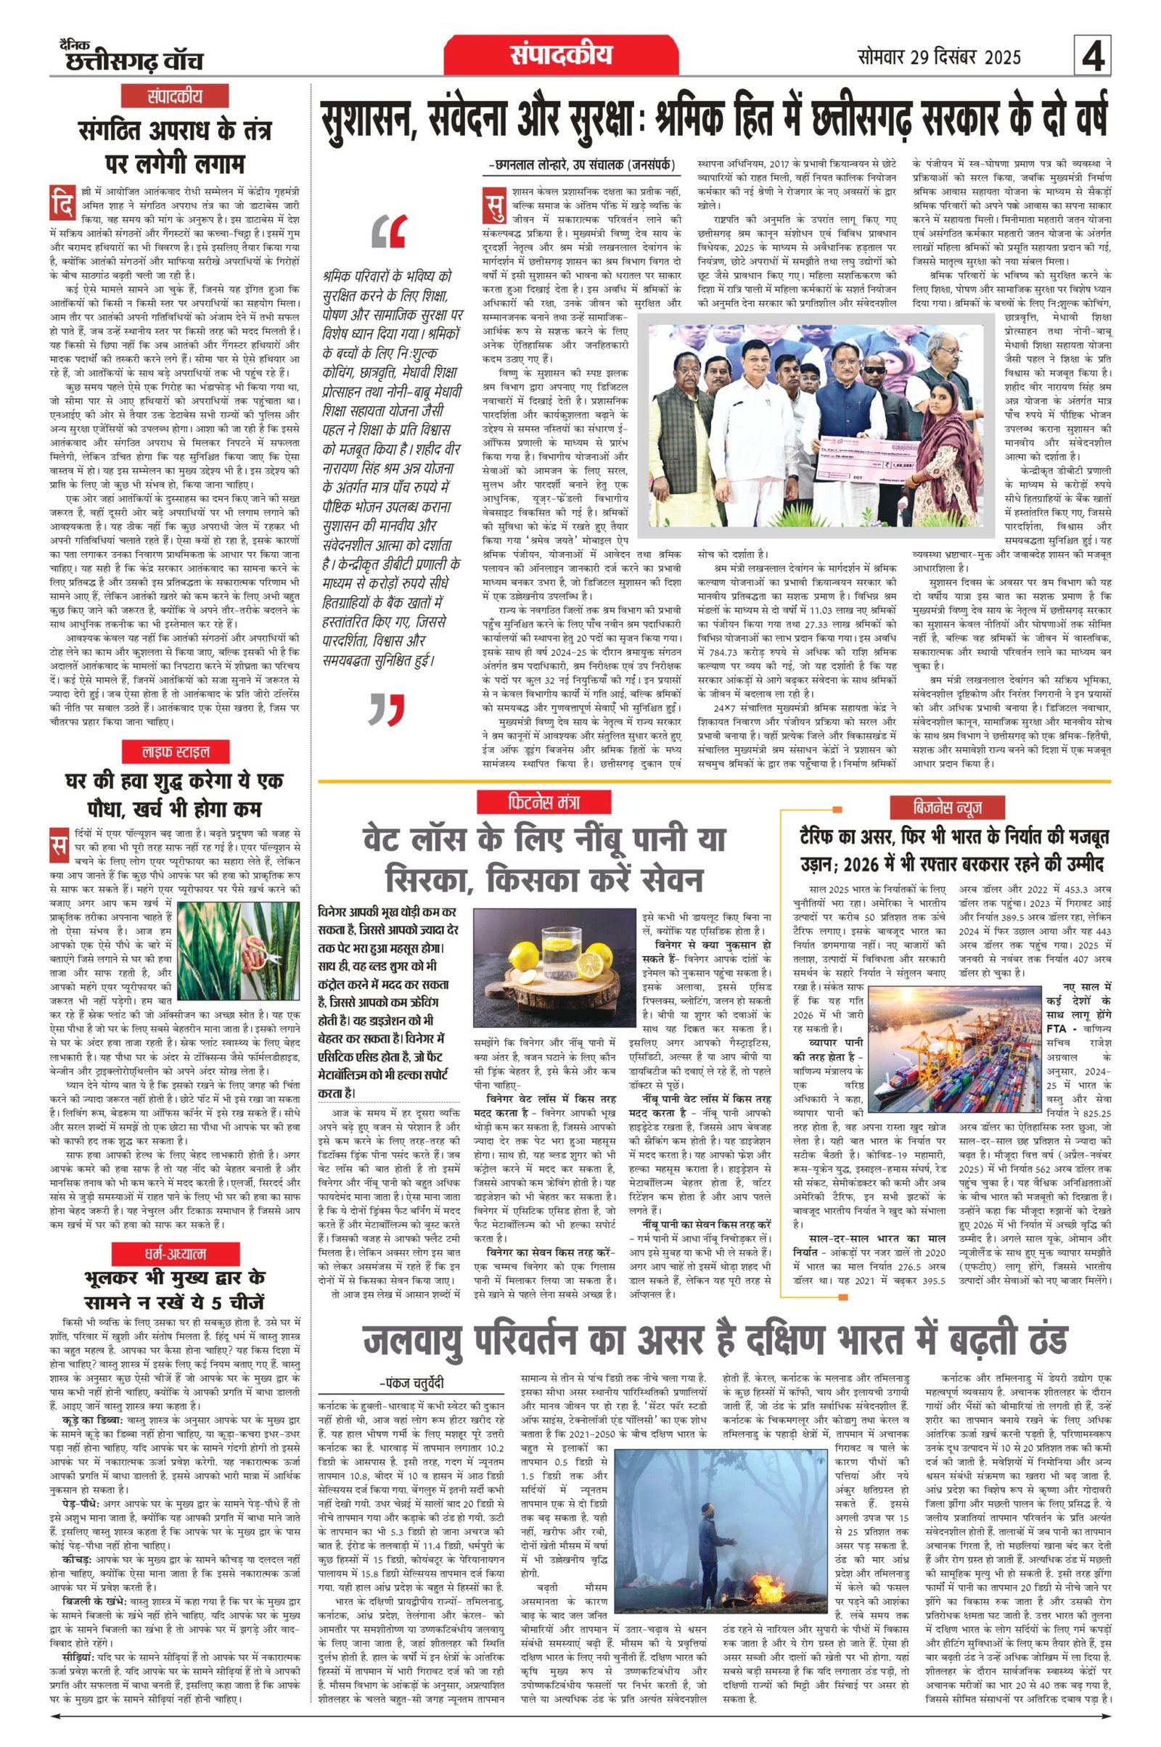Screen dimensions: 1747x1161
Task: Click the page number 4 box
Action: [1092, 57]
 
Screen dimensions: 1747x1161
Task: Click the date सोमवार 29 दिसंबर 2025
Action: [939, 57]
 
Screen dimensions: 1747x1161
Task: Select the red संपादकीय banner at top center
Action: [560, 56]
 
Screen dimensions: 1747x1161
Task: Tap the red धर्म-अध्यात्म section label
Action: [176, 1253]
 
